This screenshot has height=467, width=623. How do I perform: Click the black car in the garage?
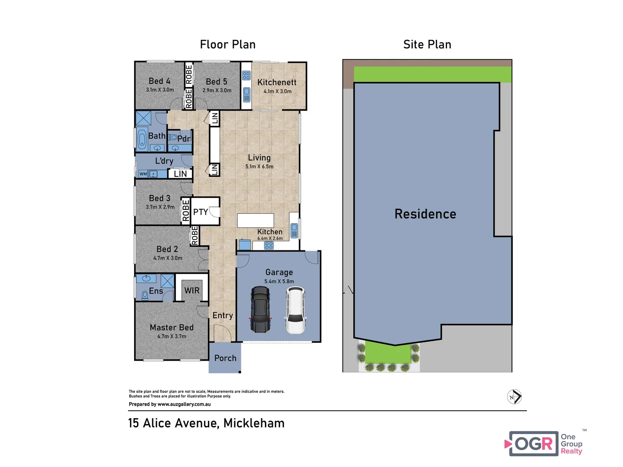[x=260, y=309]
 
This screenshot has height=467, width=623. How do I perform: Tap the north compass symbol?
[x=514, y=397]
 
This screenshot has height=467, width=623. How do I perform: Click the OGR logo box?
[x=534, y=444]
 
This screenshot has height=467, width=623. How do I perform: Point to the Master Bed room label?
[x=172, y=328]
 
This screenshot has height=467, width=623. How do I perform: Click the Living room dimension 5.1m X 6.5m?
[x=259, y=166]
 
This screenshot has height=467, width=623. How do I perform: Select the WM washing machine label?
[x=143, y=174]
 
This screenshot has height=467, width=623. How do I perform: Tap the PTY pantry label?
[x=201, y=212]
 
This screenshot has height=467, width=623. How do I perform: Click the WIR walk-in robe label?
[x=192, y=291]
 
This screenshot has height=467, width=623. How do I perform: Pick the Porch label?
[x=225, y=358]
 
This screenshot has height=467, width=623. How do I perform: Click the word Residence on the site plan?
[x=425, y=214]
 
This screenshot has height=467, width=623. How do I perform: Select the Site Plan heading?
[x=427, y=45]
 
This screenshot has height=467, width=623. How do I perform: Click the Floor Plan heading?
[x=228, y=45]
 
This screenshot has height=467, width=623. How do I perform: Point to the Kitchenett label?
[x=277, y=82]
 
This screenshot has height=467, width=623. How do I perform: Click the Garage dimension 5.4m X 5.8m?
[x=279, y=281]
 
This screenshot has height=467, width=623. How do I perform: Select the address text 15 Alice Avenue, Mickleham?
[x=206, y=423]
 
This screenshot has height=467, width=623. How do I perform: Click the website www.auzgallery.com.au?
[x=184, y=404]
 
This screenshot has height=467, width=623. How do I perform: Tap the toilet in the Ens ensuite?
[x=145, y=295]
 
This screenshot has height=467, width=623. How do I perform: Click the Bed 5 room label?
[x=217, y=82]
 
